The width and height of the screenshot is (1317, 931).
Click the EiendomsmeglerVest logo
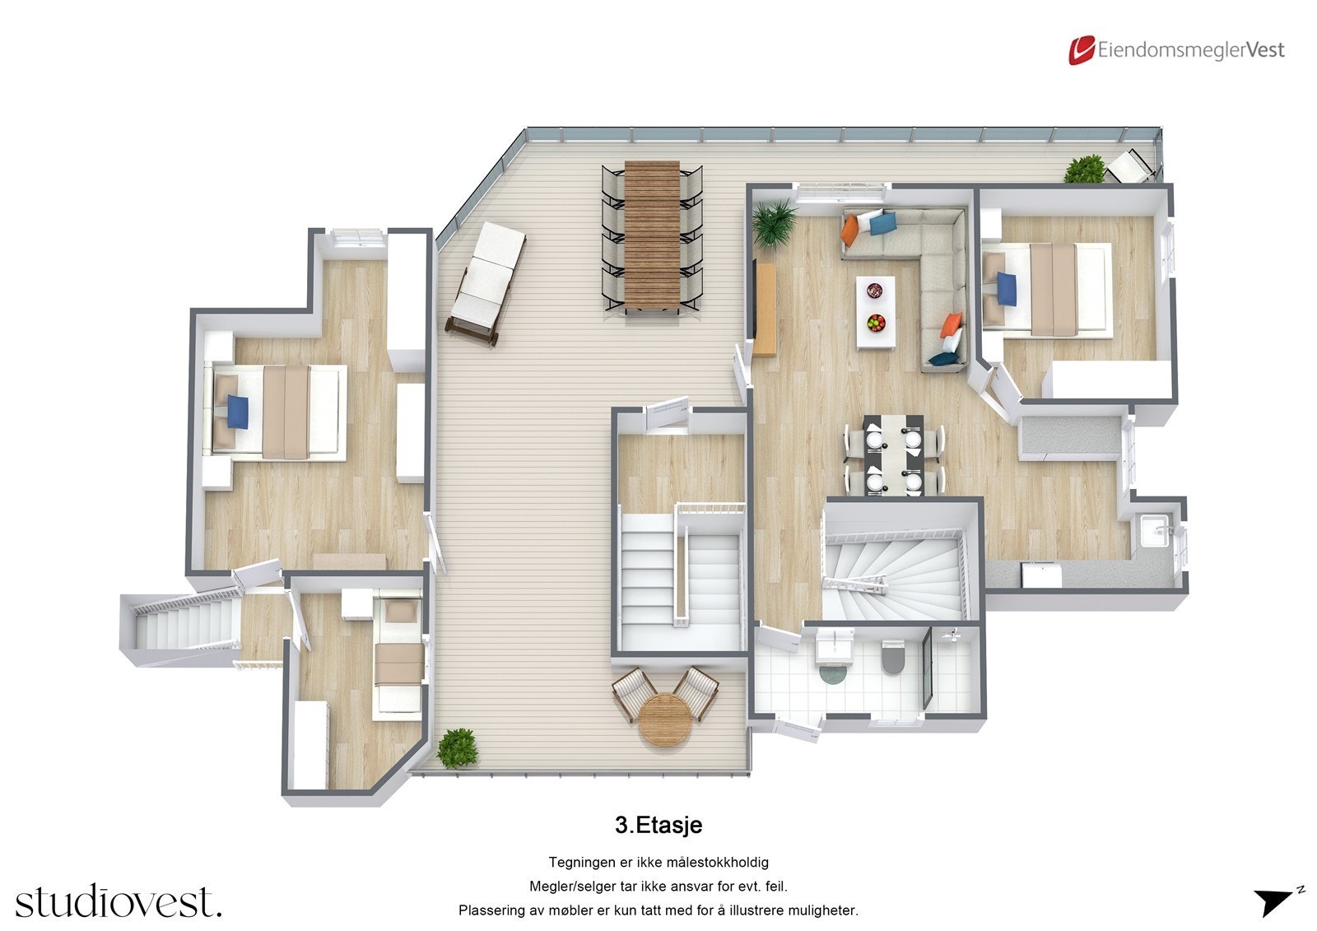[1176, 49]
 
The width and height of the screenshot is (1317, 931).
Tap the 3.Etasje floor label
[658, 824]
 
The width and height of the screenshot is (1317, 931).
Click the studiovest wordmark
[118, 901]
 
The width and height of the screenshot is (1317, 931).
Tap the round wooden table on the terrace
[663, 720]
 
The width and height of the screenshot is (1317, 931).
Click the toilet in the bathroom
[891, 658]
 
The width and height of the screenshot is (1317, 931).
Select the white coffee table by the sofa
[876, 312]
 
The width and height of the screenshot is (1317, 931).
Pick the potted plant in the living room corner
[774, 221]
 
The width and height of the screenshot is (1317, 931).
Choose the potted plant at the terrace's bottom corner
[458, 748]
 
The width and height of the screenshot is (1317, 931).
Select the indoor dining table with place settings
[894, 454]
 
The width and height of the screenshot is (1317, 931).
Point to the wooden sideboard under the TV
[766, 310]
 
